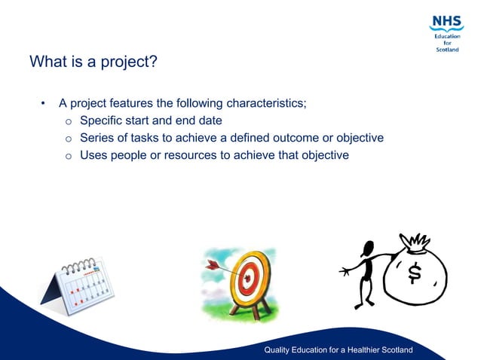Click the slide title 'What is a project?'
tap(93, 62)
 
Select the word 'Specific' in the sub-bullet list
tap(103, 121)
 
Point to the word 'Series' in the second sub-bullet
tap(98, 138)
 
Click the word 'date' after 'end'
tap(210, 121)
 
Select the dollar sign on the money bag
tap(414, 273)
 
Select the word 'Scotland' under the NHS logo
tap(447, 50)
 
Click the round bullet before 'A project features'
tap(44, 103)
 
